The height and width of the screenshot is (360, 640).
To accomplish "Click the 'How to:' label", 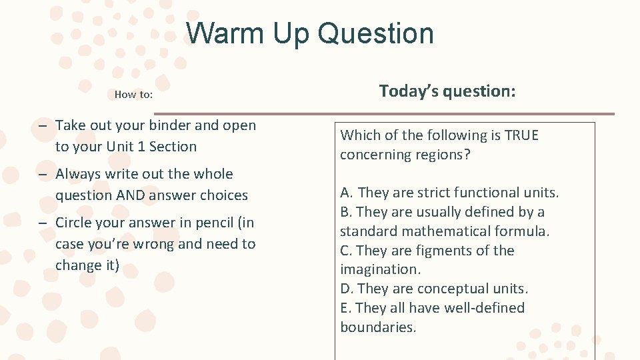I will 133,95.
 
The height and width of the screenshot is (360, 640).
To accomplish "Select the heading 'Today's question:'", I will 447,91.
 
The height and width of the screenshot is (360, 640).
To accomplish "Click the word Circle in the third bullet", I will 75,223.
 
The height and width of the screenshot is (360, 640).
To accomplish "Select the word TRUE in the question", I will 521,135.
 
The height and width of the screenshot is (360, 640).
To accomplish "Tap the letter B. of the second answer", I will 346,212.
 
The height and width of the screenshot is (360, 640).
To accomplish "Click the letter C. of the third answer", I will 346,251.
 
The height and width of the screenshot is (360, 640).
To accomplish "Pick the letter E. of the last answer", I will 345,308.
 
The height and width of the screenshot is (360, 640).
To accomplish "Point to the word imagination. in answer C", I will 380,269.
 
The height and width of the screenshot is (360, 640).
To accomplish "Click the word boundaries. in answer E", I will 378,327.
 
